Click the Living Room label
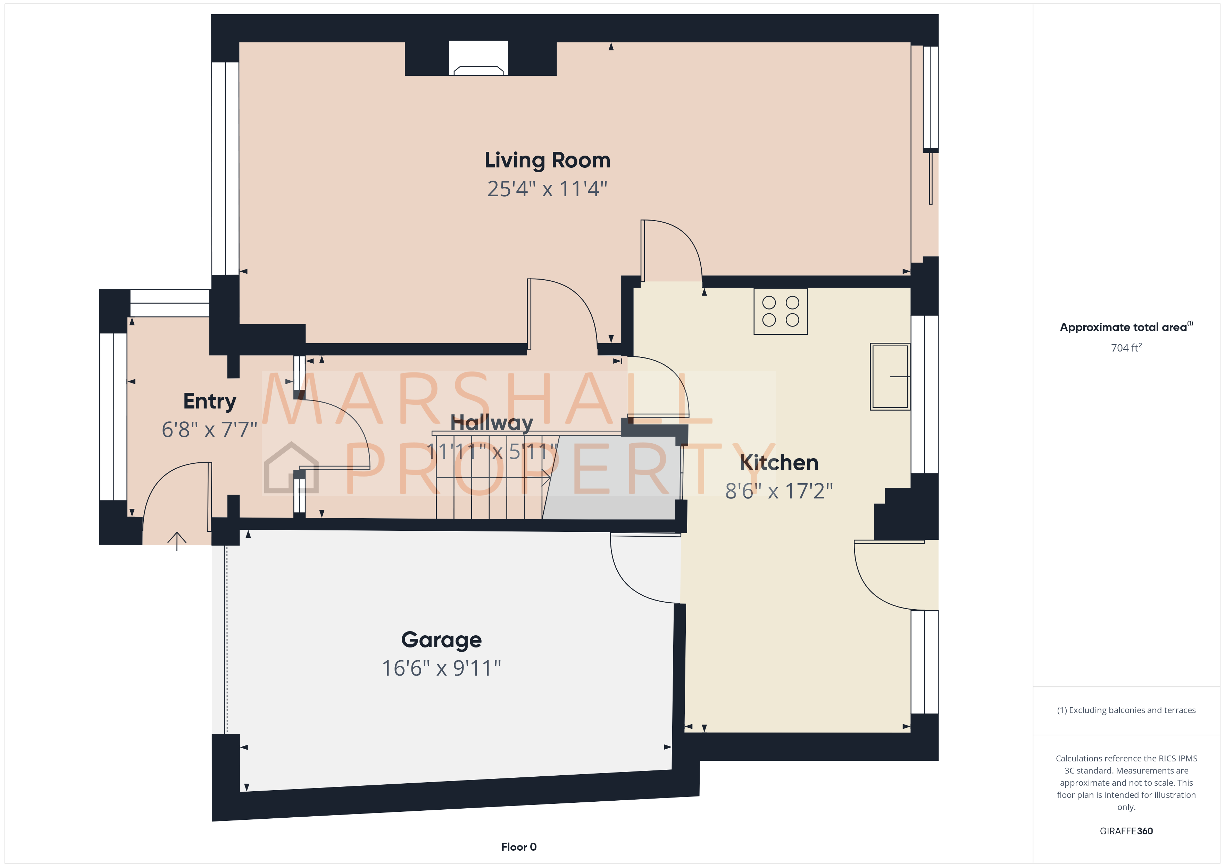[547, 160]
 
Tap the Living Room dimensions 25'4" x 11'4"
[547, 189]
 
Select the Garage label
[441, 639]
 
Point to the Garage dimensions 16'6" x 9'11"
[441, 668]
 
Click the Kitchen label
[779, 462]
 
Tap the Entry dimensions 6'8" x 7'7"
[210, 430]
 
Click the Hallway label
[491, 423]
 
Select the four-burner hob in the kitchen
[781, 311]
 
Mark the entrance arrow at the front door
[177, 540]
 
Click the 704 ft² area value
[1126, 348]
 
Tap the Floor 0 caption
[519, 847]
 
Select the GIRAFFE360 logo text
[1126, 831]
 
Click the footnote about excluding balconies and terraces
[1126, 710]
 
